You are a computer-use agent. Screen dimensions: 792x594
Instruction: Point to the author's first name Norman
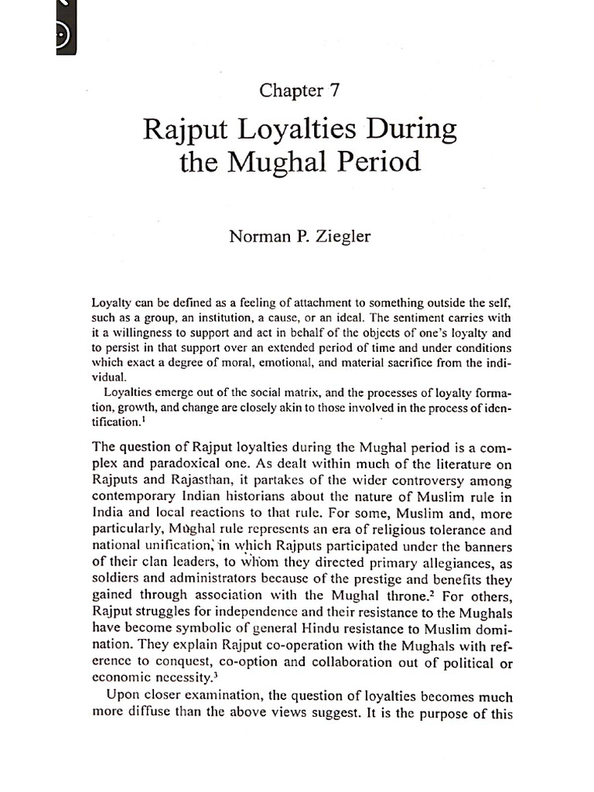[256, 237]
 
